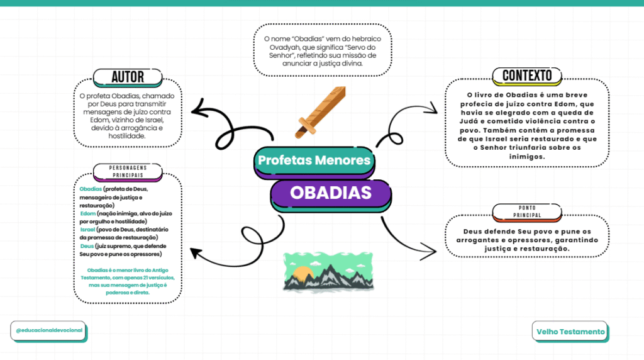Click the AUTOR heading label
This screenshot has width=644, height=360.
[x=128, y=77]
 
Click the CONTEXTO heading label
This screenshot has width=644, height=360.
[x=527, y=76]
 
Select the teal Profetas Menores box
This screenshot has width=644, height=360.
[x=314, y=160]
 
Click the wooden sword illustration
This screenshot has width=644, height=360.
[x=321, y=111]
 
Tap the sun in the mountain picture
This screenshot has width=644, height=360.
[x=303, y=274]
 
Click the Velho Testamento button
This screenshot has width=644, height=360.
[x=570, y=332]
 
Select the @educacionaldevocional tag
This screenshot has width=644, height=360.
[x=48, y=330]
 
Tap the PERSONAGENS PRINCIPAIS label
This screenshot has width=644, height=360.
[x=128, y=171]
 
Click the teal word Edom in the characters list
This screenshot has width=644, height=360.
[x=89, y=214]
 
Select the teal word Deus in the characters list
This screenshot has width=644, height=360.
[x=87, y=246]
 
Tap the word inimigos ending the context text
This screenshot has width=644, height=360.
[x=526, y=156]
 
